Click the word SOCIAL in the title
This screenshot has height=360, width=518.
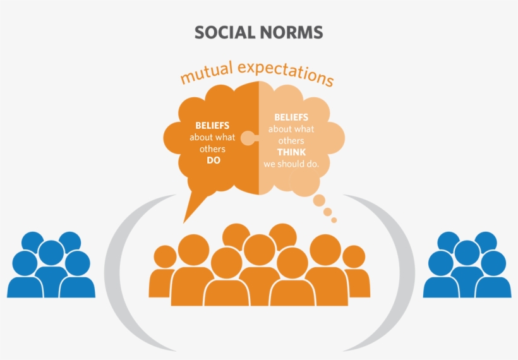click(222, 32)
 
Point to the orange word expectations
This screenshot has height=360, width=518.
click(288, 71)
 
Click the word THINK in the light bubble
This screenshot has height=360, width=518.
click(291, 152)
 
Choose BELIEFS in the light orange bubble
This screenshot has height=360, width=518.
click(291, 117)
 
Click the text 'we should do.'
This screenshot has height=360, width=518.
click(291, 164)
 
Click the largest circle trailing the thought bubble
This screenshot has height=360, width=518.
click(320, 201)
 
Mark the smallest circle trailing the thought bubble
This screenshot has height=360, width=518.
click(334, 220)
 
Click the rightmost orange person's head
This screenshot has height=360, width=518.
click(354, 256)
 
